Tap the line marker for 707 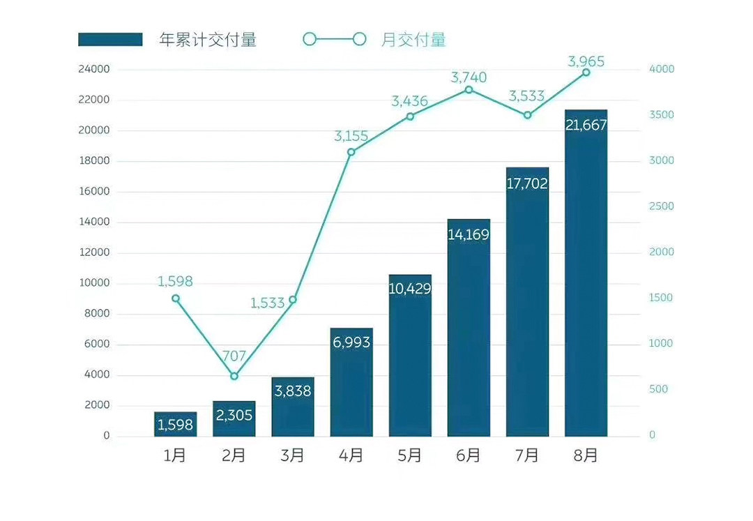click(x=234, y=376)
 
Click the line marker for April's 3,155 click(x=351, y=152)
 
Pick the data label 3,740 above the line click(x=469, y=77)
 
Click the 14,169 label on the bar click(x=469, y=234)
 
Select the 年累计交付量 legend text click(x=208, y=40)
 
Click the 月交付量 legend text click(x=413, y=40)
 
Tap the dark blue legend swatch click(x=110, y=40)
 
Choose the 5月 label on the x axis click(x=410, y=456)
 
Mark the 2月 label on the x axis click(x=234, y=456)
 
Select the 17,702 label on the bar click(x=527, y=184)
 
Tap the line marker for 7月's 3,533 click(x=527, y=115)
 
